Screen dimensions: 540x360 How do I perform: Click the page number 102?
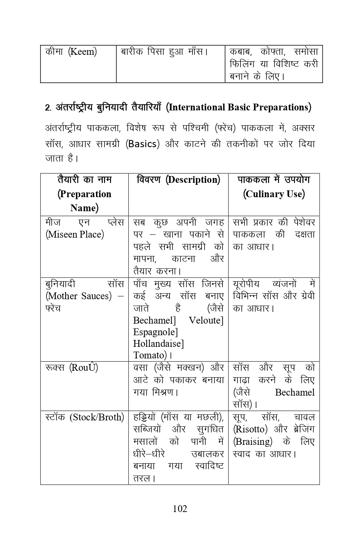point(180,509)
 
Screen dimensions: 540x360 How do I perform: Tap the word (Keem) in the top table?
point(82,52)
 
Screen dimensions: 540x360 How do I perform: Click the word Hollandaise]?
point(158,343)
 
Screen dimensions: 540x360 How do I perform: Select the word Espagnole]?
point(156,332)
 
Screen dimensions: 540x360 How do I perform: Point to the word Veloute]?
point(206,320)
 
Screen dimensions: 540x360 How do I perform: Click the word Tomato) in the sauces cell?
point(150,355)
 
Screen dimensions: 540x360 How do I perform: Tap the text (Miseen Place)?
point(75,234)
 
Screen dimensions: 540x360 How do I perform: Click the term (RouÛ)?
point(84,368)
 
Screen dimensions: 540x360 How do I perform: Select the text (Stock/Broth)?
point(97,417)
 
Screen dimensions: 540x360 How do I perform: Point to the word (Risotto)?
point(250,429)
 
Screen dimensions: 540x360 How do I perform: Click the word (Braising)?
point(252,442)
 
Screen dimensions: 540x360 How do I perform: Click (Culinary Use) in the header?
point(274,194)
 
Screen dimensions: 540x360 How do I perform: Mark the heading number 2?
point(48,108)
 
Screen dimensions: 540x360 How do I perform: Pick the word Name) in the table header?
point(84,208)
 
